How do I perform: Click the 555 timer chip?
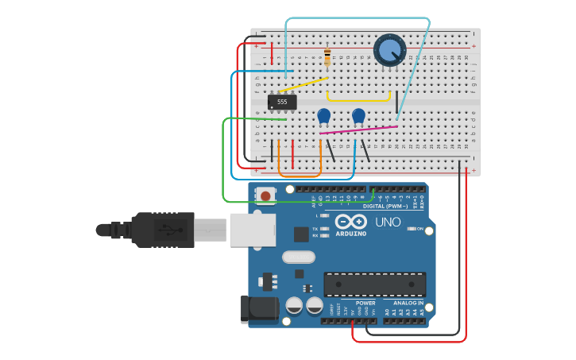[x=282, y=102]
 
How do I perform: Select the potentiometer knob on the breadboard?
[x=389, y=50]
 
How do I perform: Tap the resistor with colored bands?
[x=327, y=57]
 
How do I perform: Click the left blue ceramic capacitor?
[x=323, y=115]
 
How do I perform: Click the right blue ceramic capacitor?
[x=358, y=115]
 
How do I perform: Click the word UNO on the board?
[x=388, y=222]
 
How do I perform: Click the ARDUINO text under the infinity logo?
[x=350, y=234]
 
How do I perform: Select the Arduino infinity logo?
[x=350, y=222]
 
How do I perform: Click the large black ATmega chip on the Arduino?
[x=374, y=284]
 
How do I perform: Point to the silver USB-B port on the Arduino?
[x=253, y=230]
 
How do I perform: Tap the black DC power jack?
[x=259, y=309]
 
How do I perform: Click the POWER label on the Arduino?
[x=365, y=303]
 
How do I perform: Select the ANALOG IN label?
[x=408, y=303]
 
